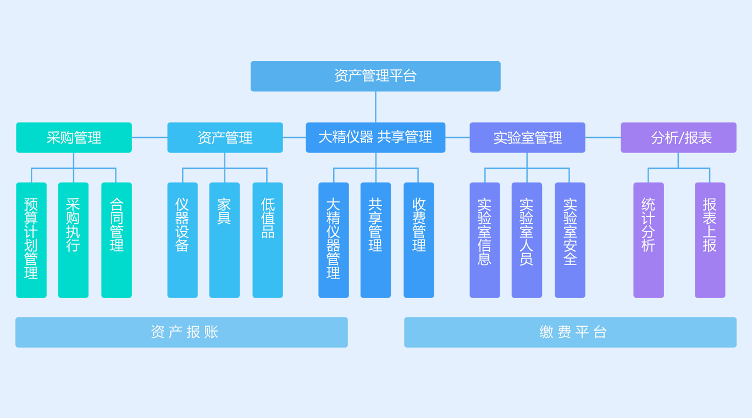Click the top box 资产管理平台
coord(375,76)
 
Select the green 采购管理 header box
coord(74,137)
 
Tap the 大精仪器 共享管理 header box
coord(375,137)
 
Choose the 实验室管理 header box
coord(527,137)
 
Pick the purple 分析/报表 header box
coord(678,137)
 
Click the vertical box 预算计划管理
coord(31,240)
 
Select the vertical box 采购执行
coord(73,240)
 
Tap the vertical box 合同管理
coord(117,240)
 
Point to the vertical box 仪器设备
coord(183,240)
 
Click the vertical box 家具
coord(224,240)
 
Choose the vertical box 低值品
coord(268,240)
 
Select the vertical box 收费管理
coord(419,240)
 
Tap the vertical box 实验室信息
coord(485,240)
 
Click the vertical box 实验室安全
coord(570,240)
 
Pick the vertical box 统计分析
coord(649,240)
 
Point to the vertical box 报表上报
coord(710,240)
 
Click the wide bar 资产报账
coord(181,332)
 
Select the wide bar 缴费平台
coord(570,332)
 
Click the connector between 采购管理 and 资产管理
coord(150,137)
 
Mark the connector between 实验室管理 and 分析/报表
coord(603,137)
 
